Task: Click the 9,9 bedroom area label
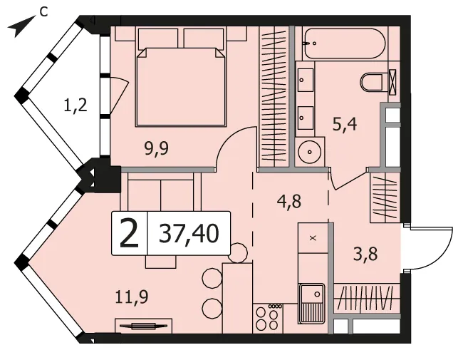tap(157, 148)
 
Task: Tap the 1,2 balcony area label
tap(76, 105)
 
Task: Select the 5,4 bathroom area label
tap(345, 124)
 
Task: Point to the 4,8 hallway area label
tap(289, 201)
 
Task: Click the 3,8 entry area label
tap(365, 254)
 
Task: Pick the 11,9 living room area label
tap(131, 297)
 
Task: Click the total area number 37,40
tap(189, 234)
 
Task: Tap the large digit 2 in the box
tap(129, 234)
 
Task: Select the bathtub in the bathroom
tap(344, 43)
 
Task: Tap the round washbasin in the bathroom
tap(309, 153)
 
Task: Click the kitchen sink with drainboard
tap(312, 303)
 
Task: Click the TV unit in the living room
tap(143, 326)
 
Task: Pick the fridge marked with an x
tap(313, 238)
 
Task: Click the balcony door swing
tap(121, 92)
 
